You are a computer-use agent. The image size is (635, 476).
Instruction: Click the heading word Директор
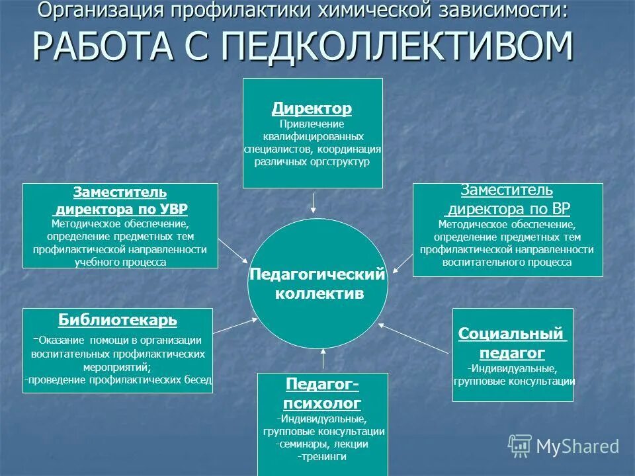312,108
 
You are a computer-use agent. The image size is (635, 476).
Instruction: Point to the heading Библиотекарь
118,321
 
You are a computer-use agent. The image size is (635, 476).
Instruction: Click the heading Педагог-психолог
323,393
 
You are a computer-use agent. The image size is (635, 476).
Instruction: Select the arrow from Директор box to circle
314,202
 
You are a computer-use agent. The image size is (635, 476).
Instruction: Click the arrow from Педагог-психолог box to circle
323,359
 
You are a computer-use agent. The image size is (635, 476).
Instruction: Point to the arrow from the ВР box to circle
403,260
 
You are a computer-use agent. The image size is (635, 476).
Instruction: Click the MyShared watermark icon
520,446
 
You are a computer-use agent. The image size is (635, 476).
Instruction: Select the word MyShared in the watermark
577,446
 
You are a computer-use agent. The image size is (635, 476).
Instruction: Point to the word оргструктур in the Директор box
337,161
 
